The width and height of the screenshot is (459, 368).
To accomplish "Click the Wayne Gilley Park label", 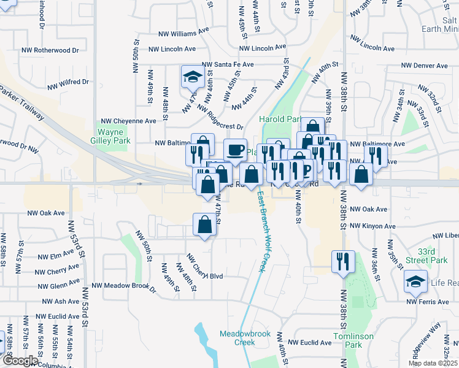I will pyautogui.click(x=114, y=136).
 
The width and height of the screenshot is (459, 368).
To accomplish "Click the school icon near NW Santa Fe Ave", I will pyautogui.click(x=192, y=77).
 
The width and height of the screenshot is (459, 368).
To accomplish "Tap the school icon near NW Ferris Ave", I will pyautogui.click(x=415, y=282).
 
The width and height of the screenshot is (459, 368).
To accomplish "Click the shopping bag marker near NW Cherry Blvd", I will pyautogui.click(x=204, y=225).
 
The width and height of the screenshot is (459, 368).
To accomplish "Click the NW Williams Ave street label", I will pyautogui.click(x=187, y=34).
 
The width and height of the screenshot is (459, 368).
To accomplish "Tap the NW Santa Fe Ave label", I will pyautogui.click(x=228, y=64).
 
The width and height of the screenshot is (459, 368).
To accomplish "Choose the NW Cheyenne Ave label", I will pyautogui.click(x=129, y=121).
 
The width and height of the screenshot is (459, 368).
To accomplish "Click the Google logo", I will pyautogui.click(x=20, y=361).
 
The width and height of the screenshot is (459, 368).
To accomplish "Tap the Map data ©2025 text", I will pyautogui.click(x=433, y=363).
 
